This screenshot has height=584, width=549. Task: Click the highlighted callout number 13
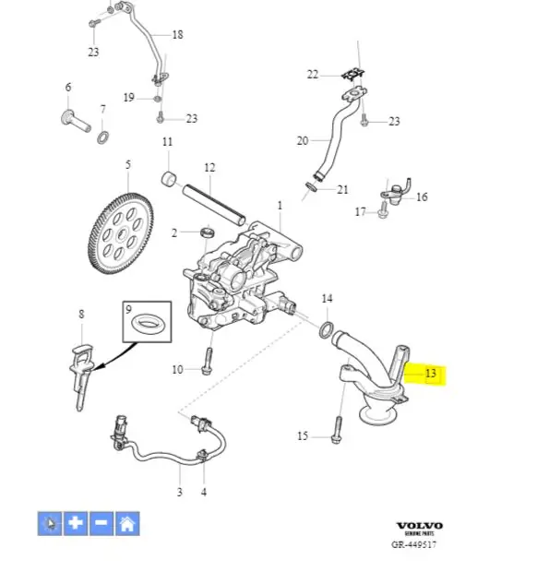431,374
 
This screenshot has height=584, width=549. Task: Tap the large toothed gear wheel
121,233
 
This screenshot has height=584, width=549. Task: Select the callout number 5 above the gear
128,164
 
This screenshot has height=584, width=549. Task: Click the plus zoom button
76,523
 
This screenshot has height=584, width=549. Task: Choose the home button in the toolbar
127,523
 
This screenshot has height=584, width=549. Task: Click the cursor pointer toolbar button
50,523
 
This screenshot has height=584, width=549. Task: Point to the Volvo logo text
420,526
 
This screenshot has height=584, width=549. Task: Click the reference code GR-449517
413,544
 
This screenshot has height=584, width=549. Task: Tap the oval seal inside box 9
147,323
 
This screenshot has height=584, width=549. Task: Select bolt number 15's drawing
337,430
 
